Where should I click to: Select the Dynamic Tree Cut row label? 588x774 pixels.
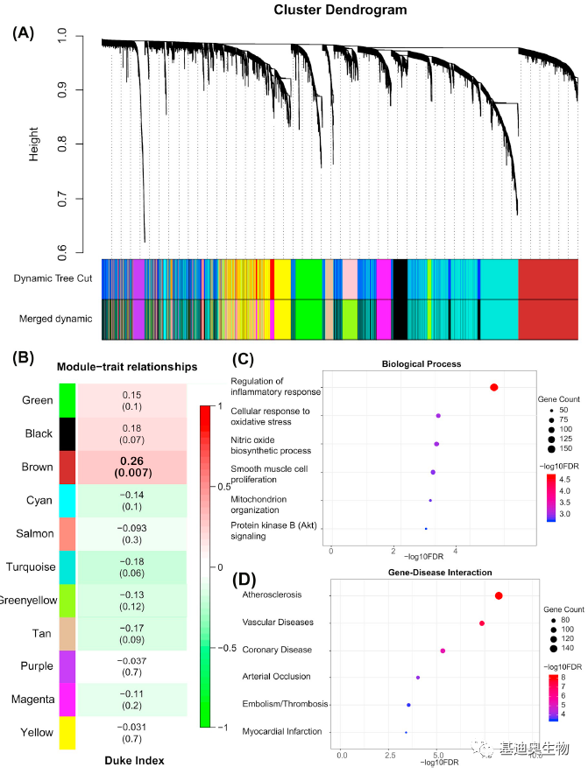(53, 278)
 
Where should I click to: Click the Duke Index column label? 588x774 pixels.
(133, 761)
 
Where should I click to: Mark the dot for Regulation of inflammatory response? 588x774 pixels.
(494, 387)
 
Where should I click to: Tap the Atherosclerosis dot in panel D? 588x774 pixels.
(499, 595)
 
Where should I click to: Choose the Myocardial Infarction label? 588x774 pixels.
(282, 731)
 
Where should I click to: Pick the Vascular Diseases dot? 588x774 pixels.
(482, 623)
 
